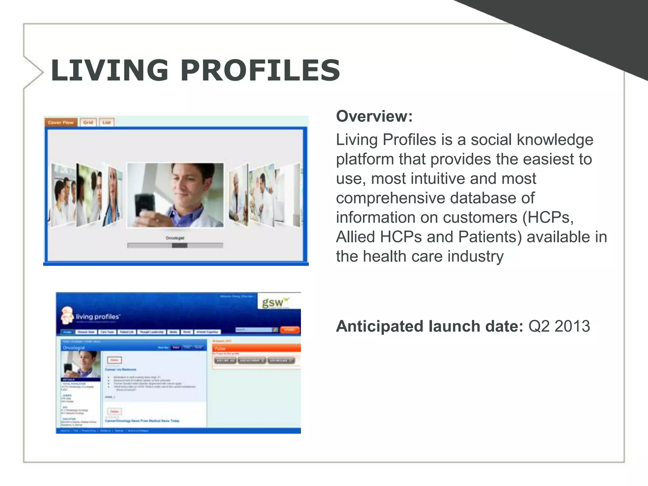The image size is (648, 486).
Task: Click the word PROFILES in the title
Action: coord(260,70)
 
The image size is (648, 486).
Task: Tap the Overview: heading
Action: coord(374,116)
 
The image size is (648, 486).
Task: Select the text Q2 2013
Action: coord(559,326)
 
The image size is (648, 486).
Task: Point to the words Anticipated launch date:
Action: coord(429,326)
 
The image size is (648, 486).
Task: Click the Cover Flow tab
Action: coord(61,122)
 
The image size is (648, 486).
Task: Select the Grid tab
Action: coord(88,122)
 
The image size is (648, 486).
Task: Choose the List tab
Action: coord(107,122)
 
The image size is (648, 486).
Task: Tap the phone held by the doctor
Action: coord(145,205)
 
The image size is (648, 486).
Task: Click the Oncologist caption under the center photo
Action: coord(175,238)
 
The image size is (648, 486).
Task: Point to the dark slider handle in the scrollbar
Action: coord(179,245)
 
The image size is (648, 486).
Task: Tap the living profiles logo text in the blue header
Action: coord(97,317)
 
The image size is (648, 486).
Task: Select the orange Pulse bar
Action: coord(256,348)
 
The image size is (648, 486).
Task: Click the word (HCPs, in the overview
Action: coord(548,218)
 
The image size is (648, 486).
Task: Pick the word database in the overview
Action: coord(492,198)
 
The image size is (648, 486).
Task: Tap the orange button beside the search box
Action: coord(290,330)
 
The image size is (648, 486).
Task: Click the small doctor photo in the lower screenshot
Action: coord(81,364)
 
